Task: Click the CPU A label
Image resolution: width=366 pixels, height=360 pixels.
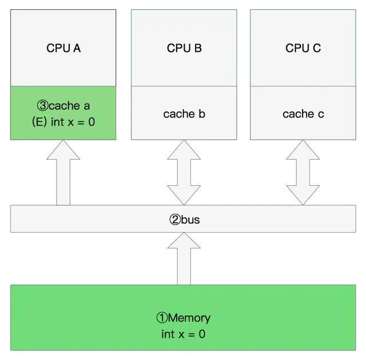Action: pos(63,48)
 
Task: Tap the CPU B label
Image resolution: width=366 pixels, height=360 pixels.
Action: pos(184,48)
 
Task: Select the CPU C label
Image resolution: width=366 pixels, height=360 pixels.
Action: pos(303,48)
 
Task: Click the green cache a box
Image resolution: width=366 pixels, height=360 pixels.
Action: pos(63,113)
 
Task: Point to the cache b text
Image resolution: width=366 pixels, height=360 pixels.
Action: pos(184,114)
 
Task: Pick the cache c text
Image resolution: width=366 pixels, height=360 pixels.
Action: pos(303,114)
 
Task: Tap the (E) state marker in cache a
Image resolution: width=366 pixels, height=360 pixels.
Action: pos(40,121)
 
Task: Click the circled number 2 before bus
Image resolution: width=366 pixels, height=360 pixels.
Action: pos(175,219)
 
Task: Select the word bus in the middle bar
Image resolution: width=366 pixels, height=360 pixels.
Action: pos(190,219)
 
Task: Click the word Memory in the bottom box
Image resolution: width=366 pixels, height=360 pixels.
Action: pos(189,318)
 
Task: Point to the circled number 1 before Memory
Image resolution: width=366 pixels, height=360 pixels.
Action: pos(162,318)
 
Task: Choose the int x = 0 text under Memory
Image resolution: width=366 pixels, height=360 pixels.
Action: pos(183,334)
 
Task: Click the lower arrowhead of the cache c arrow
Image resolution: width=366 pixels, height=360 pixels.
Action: pos(303,196)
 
